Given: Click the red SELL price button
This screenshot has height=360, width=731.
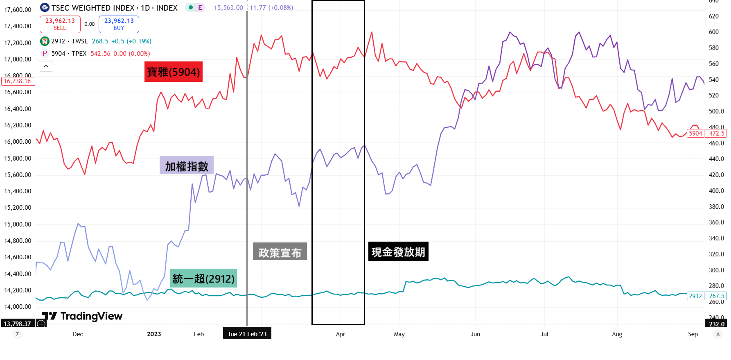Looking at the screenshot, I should pyautogui.click(x=60, y=24).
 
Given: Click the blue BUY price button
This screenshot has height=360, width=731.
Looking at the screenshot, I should pyautogui.click(x=119, y=24).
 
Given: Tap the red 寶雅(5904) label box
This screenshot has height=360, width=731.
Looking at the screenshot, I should pyautogui.click(x=174, y=72).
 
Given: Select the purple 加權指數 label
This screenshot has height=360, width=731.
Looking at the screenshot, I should pyautogui.click(x=187, y=166).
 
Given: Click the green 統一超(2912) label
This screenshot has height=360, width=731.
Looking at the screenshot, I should pyautogui.click(x=203, y=278).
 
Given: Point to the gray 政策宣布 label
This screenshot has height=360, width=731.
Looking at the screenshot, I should pyautogui.click(x=280, y=252).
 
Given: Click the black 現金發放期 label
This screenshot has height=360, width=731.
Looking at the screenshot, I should pyautogui.click(x=398, y=251).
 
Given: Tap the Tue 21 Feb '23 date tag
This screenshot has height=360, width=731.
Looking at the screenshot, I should pyautogui.click(x=247, y=334).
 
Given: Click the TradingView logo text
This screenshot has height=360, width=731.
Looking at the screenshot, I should pyautogui.click(x=91, y=316).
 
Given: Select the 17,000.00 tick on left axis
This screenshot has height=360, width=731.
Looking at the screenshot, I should pyautogui.click(x=18, y=59).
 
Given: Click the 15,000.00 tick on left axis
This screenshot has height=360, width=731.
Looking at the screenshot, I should pyautogui.click(x=18, y=224).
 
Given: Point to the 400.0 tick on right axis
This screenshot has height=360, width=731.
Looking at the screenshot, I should pyautogui.click(x=716, y=191).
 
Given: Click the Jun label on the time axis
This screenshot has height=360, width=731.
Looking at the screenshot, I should pyautogui.click(x=475, y=334).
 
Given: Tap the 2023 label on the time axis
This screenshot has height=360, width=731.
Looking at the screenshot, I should pyautogui.click(x=154, y=334).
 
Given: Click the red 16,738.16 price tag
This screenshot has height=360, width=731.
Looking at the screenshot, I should pyautogui.click(x=18, y=81).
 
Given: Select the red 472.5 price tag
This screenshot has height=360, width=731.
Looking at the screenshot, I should pyautogui.click(x=717, y=134).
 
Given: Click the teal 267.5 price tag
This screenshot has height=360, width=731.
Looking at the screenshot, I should pyautogui.click(x=717, y=296).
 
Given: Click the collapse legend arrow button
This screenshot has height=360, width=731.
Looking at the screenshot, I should pyautogui.click(x=46, y=66).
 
